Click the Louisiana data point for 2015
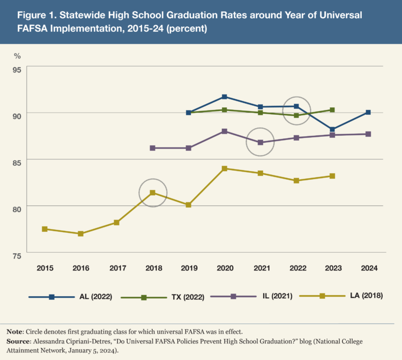coord(44,229)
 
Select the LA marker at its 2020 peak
coord(225,168)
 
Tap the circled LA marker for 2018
coord(153,193)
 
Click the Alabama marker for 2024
coord(368,112)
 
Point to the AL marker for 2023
coord(332,129)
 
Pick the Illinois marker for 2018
coord(153,148)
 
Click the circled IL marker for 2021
coord(260,142)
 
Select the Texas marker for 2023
coord(332,110)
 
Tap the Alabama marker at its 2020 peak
coord(225,97)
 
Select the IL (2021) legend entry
coord(249,297)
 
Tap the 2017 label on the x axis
coord(116,268)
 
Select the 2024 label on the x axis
coord(368,268)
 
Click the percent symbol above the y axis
coord(17,55)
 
